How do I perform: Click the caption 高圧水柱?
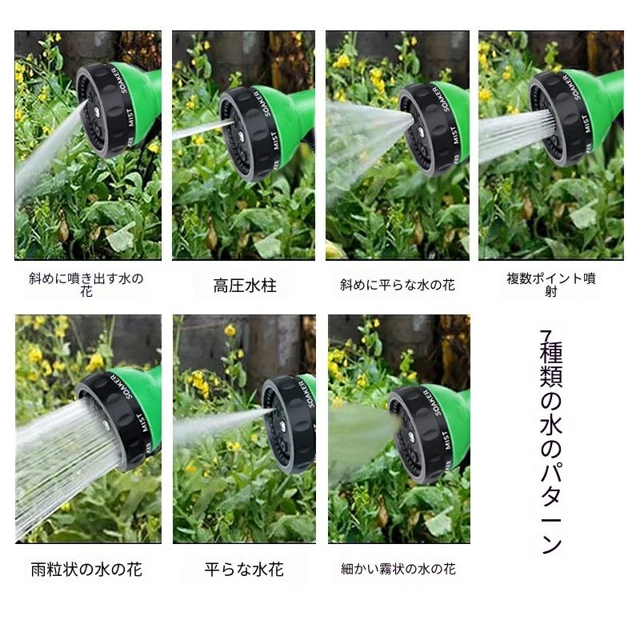245,286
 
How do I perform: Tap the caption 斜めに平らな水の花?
397,285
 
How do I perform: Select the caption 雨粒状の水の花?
86,570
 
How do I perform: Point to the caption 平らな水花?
244,570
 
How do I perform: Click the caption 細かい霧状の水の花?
398,569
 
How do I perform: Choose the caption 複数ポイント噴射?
551,285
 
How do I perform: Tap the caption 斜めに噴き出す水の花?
86,285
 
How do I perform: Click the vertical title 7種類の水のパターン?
551,442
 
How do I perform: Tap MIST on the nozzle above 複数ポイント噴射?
586,124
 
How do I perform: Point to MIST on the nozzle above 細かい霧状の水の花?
446,441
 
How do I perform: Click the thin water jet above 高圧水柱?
203,129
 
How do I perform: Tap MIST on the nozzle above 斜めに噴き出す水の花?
130,118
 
